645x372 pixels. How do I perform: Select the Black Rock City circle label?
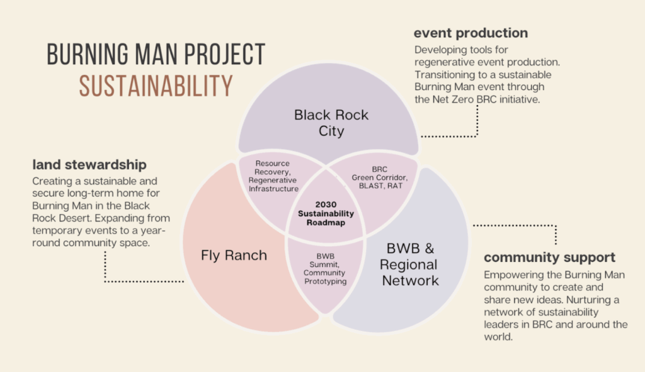point(331,123)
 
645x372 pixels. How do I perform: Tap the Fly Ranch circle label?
point(234,255)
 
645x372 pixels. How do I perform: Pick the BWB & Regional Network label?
point(410,264)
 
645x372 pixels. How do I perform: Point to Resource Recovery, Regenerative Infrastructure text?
point(273,176)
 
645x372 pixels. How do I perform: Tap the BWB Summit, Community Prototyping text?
point(325,269)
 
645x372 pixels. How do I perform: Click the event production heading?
point(471,33)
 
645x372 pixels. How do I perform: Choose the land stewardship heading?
point(89,164)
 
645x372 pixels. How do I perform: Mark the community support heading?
point(549,257)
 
